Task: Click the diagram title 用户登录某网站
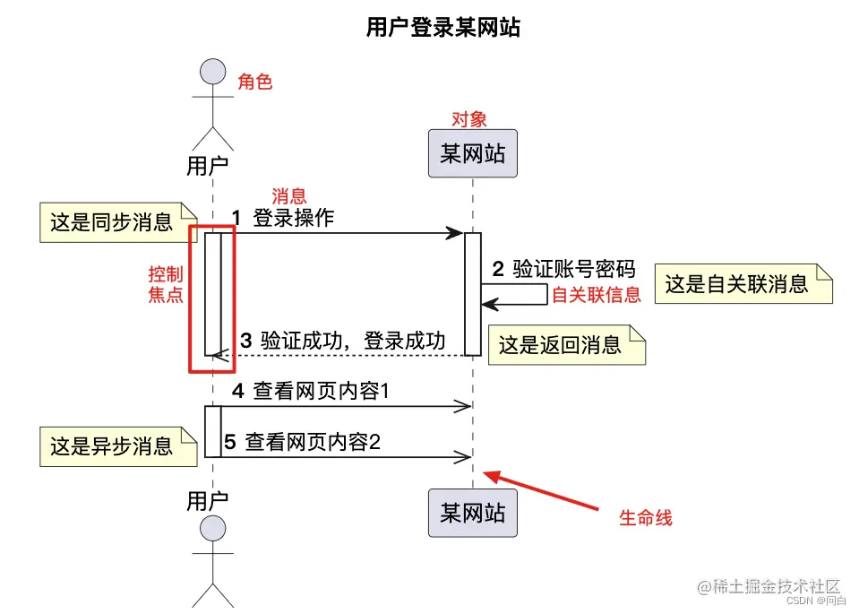[x=442, y=28]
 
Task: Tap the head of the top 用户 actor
[x=212, y=72]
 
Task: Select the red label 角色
[x=254, y=82]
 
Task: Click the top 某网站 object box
[x=472, y=153]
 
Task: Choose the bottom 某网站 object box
[x=472, y=513]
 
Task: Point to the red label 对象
[x=468, y=119]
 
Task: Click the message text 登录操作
[x=293, y=218]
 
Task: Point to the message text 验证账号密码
[x=573, y=269]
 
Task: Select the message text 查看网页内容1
[x=320, y=391]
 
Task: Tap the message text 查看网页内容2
[x=313, y=442]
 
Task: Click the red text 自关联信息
[x=596, y=295]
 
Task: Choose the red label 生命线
[x=645, y=518]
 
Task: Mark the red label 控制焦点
[x=166, y=284]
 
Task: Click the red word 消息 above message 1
[x=288, y=196]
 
